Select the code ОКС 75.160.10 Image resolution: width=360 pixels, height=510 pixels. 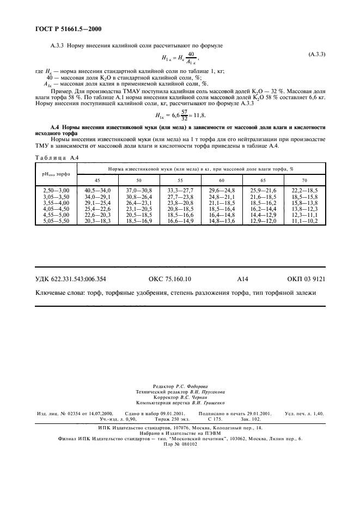169,278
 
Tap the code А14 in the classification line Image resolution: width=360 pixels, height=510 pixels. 242,278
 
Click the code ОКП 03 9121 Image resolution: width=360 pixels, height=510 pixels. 306,278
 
